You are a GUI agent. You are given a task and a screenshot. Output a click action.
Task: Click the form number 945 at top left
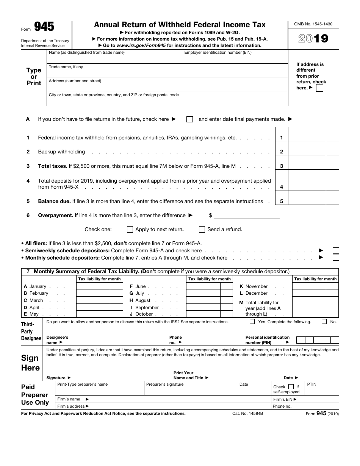coord(44,27)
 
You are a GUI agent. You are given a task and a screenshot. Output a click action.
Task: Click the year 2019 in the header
coord(313,39)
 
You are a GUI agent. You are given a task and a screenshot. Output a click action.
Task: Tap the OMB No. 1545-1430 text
coord(313,24)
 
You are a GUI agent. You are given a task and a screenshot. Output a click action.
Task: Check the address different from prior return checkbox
coord(319,88)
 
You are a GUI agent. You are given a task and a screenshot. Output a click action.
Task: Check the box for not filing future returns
coord(190,119)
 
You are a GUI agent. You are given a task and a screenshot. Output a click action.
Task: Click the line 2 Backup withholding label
coord(61,152)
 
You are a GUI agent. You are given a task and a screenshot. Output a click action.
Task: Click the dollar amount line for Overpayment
coord(246,216)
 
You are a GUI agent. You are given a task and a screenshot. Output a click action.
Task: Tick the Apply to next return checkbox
coord(130,230)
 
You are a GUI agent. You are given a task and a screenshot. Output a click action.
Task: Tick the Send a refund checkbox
coord(202,230)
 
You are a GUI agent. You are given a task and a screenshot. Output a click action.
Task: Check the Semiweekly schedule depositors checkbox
coord(335,251)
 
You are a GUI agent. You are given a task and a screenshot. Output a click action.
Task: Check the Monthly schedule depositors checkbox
coord(335,258)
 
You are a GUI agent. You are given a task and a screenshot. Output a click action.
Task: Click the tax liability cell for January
coord(93,287)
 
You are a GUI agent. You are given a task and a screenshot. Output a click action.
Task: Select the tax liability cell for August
coord(203,300)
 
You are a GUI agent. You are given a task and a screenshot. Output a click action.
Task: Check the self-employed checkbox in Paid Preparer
coord(291,387)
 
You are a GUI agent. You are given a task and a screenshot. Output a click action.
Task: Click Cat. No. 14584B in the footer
coord(247,414)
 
